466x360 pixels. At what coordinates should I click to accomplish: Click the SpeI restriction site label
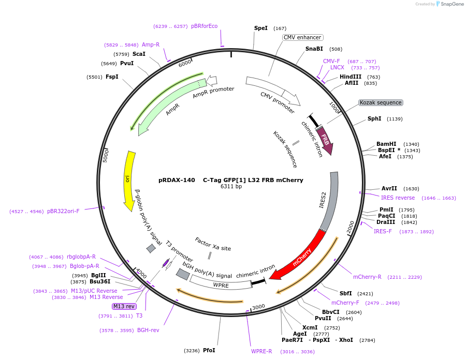[x=260, y=28]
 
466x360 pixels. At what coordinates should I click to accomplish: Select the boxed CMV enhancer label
[x=303, y=37]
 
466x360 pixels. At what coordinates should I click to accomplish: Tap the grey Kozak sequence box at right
[x=381, y=102]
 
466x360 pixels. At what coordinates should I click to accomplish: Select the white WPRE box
[x=217, y=284]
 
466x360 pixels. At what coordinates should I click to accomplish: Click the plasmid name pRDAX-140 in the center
[x=177, y=180]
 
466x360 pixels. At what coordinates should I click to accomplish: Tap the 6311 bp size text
[x=231, y=187]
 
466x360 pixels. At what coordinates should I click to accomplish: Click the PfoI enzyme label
[x=209, y=350]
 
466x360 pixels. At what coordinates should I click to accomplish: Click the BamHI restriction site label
[x=386, y=144]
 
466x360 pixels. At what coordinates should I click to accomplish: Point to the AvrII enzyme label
[x=389, y=188]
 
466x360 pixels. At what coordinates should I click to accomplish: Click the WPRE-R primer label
[x=261, y=351]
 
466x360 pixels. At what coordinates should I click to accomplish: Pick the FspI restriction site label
[x=112, y=77]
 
